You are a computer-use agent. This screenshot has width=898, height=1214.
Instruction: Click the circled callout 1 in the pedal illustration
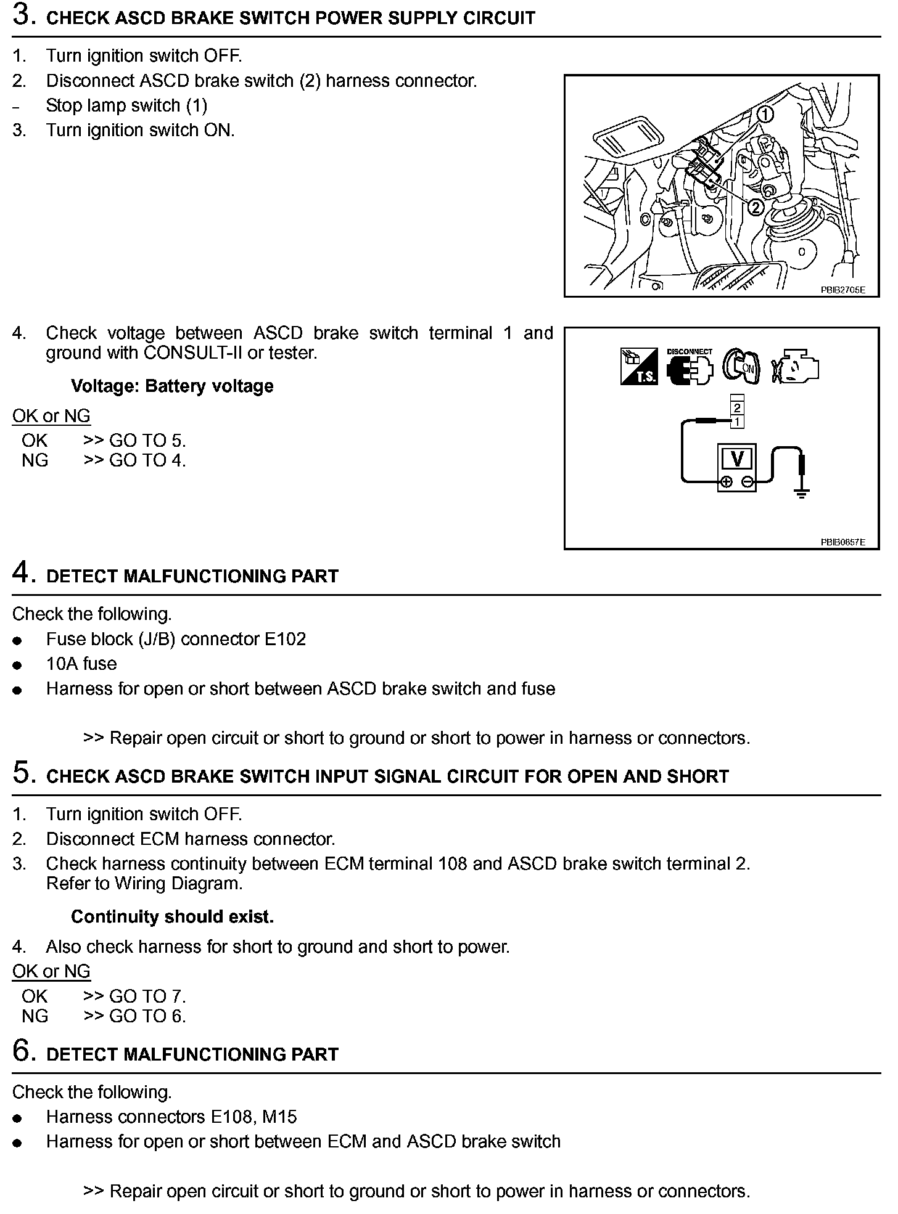(765, 113)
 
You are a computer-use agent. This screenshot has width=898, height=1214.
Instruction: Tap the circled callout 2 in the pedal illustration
(755, 207)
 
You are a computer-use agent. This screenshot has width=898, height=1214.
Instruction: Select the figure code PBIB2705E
(842, 289)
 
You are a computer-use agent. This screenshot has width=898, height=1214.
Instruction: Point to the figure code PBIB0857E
(842, 542)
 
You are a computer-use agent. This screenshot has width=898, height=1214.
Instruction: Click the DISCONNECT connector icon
(690, 367)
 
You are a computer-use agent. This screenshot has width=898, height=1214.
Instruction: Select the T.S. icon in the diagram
(639, 367)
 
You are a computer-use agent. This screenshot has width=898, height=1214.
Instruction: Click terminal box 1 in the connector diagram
(737, 422)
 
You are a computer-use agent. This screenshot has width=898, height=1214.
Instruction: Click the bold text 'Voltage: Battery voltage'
(172, 386)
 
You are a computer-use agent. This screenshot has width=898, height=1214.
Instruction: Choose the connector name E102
(285, 639)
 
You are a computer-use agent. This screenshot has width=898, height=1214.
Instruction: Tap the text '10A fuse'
(81, 664)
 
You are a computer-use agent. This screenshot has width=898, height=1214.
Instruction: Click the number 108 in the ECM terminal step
(452, 863)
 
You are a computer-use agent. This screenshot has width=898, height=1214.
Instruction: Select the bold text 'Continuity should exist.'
(172, 917)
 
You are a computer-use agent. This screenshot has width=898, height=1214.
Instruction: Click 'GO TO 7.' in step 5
(147, 996)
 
